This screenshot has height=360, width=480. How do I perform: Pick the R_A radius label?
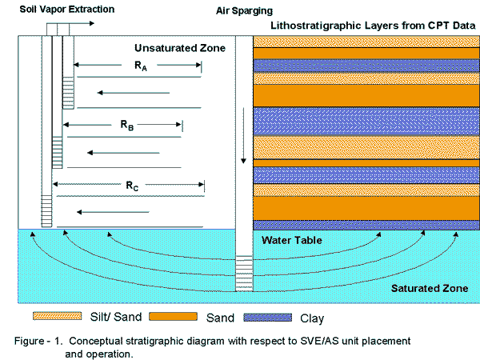point(139,69)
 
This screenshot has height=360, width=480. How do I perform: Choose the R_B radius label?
point(125,126)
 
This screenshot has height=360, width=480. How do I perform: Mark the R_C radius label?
point(132,186)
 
